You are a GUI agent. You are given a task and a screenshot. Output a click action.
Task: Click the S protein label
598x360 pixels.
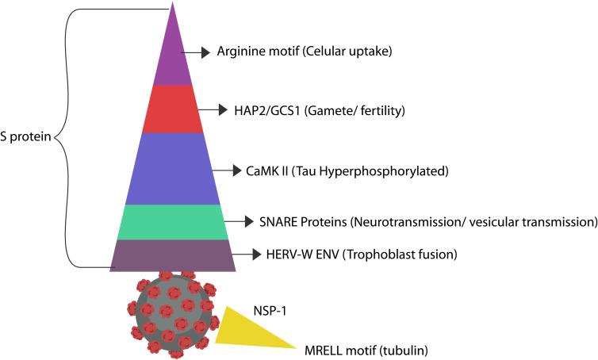tap(25, 137)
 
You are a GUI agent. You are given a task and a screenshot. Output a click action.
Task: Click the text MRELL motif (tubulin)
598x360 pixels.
tap(363, 349)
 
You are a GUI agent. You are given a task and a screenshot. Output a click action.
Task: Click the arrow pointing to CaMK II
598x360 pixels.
tap(232, 170)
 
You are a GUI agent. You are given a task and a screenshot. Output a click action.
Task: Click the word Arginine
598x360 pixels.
tap(241, 52)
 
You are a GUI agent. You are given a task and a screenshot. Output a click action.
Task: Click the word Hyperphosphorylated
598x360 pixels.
tap(376, 170)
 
